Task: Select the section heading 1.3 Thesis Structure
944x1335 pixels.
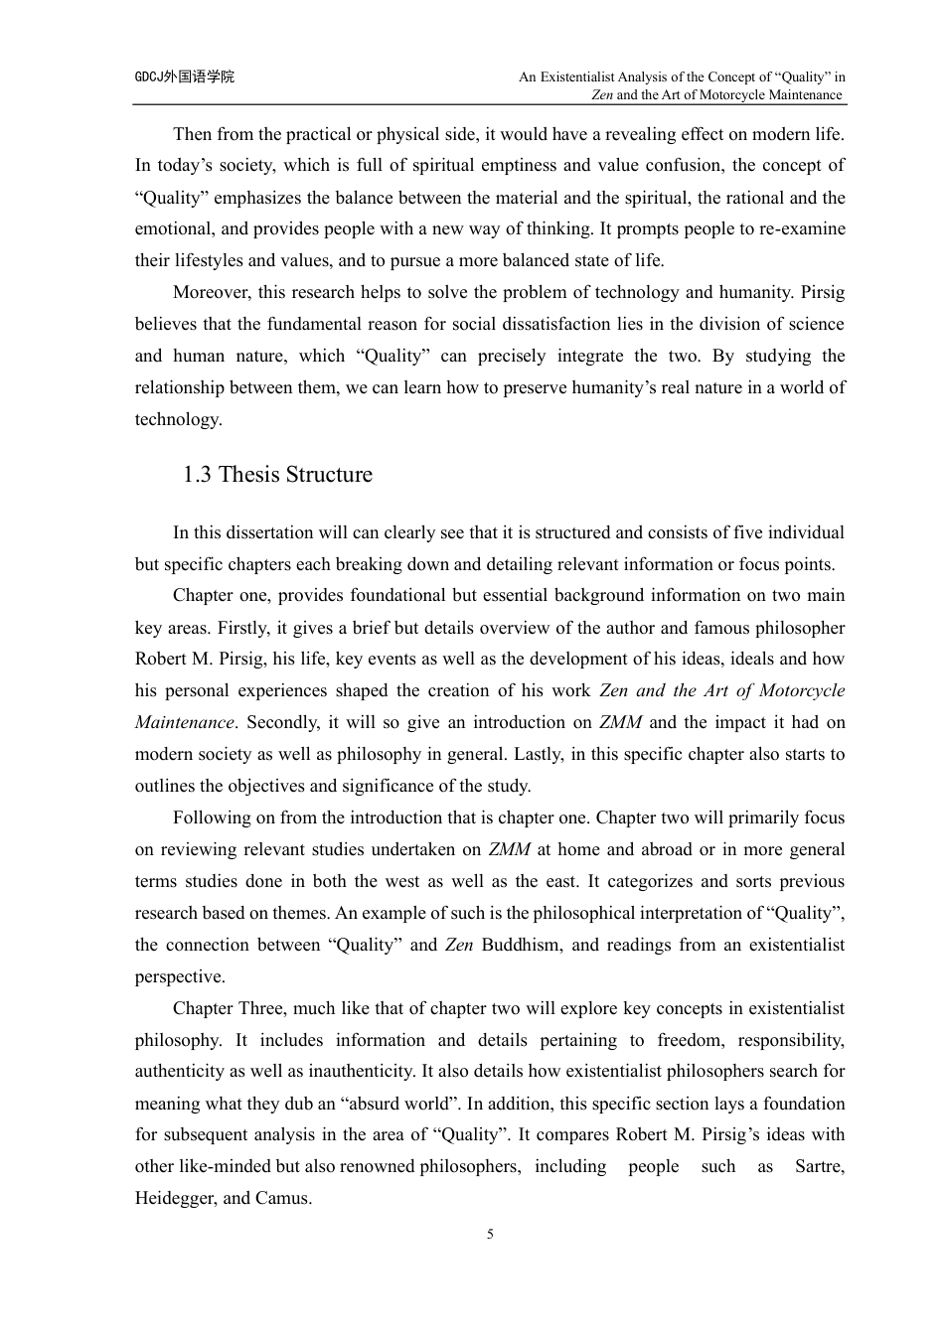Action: pyautogui.click(x=277, y=475)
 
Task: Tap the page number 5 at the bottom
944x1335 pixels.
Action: pyautogui.click(x=490, y=1235)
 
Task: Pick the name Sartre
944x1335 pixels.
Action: pyautogui.click(x=820, y=1166)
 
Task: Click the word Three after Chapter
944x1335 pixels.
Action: pyautogui.click(x=261, y=1008)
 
